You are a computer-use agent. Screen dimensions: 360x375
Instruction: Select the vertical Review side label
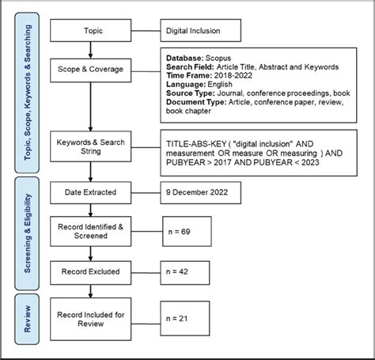click(x=28, y=316)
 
